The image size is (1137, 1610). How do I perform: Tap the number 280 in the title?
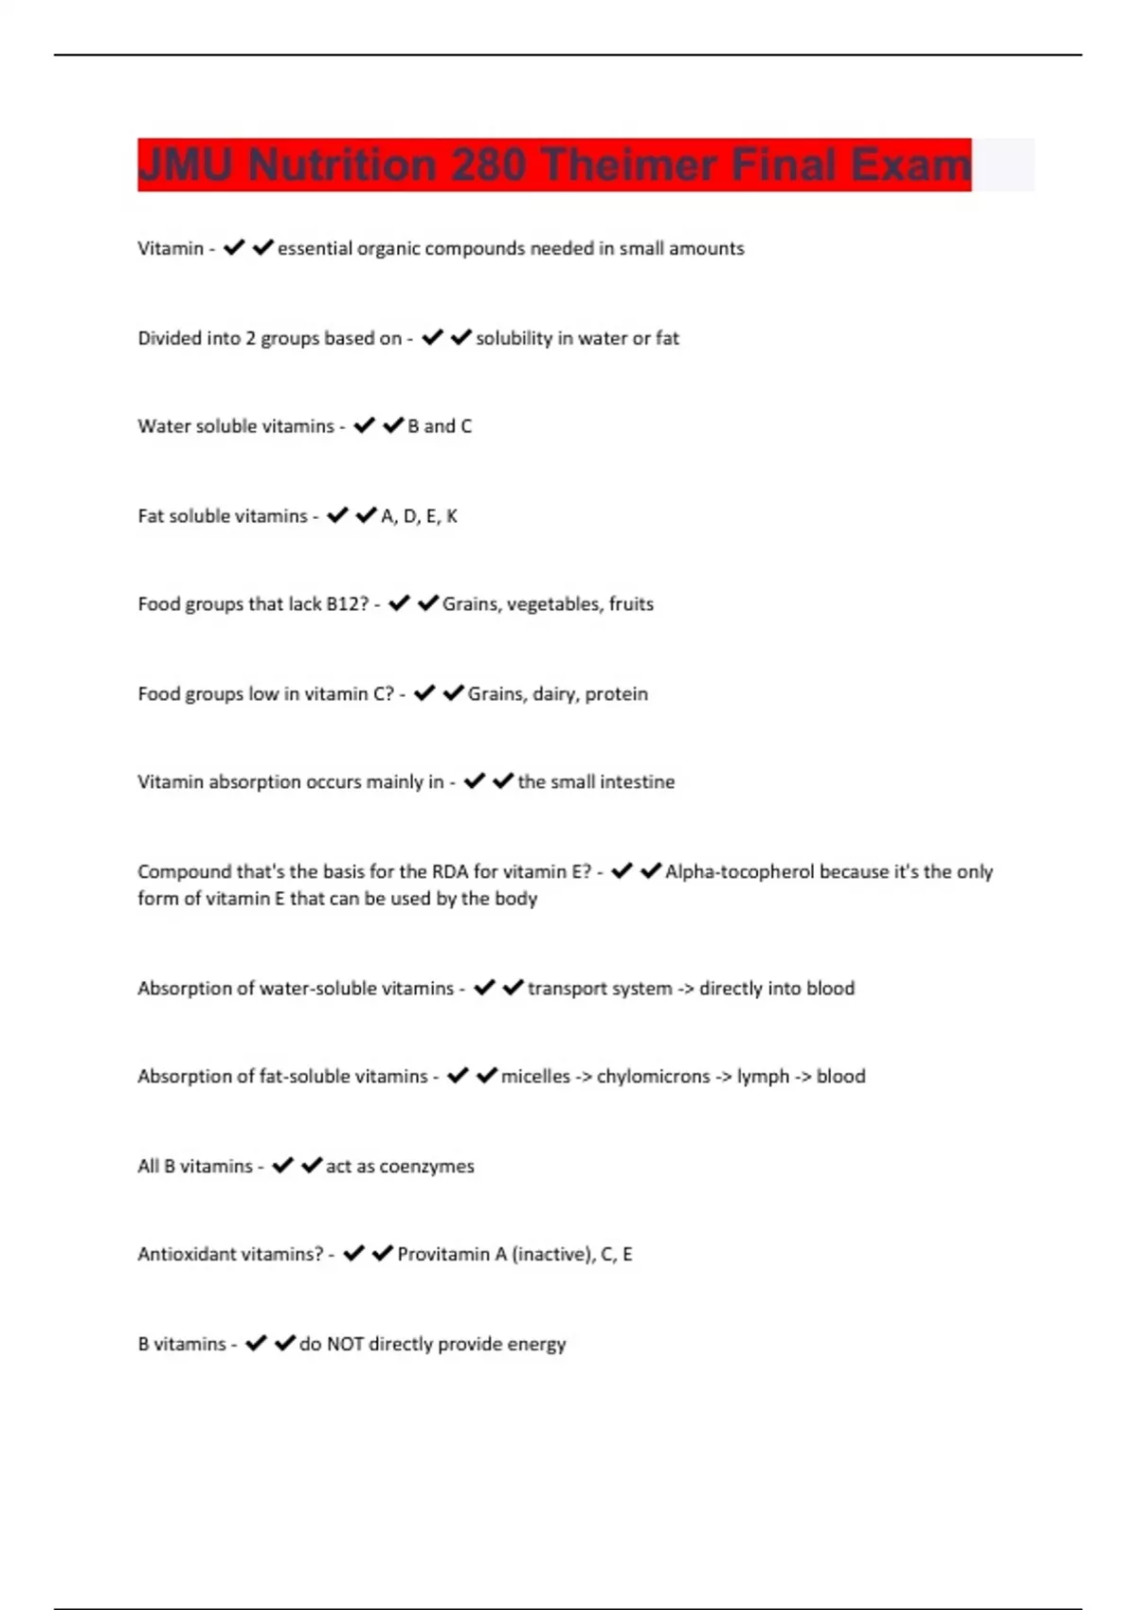click(488, 165)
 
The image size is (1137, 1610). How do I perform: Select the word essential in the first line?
click(315, 248)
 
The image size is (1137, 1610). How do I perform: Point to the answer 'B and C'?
click(440, 426)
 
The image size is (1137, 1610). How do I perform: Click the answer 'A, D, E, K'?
click(419, 516)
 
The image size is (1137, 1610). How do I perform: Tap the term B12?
click(347, 604)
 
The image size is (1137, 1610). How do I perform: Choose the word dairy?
click(554, 694)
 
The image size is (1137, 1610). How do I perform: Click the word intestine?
click(638, 782)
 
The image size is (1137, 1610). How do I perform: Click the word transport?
click(566, 989)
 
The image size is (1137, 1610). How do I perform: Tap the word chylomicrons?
click(653, 1077)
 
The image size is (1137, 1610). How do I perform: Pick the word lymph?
click(763, 1077)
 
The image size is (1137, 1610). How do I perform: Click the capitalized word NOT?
click(345, 1345)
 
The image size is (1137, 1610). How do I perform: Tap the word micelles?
click(535, 1077)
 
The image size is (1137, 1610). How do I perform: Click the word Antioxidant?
click(184, 1255)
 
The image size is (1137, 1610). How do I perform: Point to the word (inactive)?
click(552, 1255)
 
